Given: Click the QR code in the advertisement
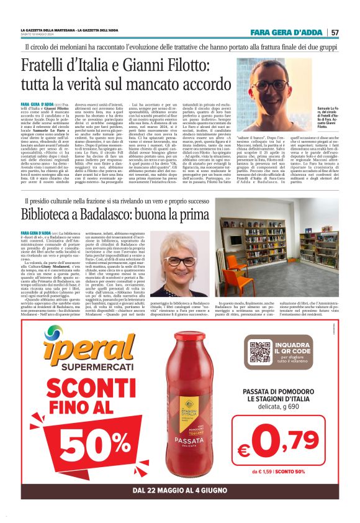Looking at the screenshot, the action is click(x=260, y=352).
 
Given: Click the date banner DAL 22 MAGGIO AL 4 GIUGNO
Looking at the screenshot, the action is click(x=180, y=496).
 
